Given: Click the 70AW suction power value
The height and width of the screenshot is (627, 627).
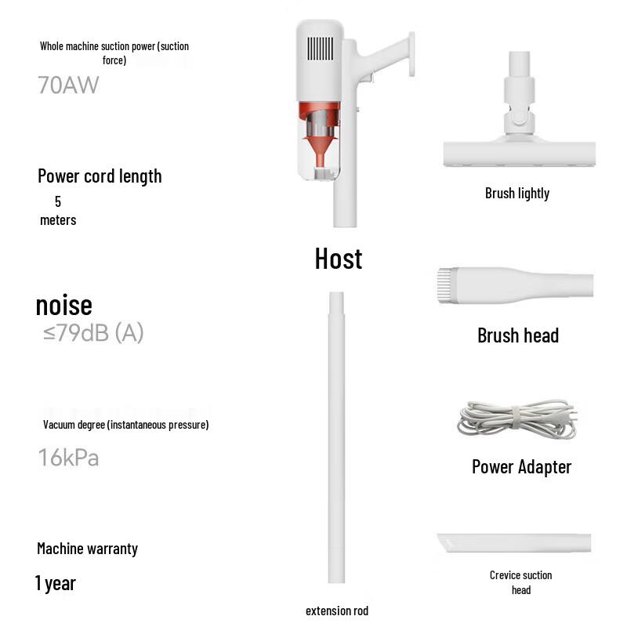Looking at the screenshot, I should [x=68, y=85].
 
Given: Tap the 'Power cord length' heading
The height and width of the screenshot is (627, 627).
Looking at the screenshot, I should [x=100, y=176].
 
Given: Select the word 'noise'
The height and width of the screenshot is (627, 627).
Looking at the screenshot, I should [x=63, y=305].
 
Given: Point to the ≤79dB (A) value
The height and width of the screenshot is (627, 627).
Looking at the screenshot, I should [x=93, y=333].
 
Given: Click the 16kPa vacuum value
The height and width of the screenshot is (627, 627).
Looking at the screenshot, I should [x=68, y=457].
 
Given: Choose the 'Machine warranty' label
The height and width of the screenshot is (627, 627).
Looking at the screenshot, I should [x=87, y=549].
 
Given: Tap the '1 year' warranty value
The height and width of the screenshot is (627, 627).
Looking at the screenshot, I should [x=55, y=584].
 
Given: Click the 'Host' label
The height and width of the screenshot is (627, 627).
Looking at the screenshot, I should [x=339, y=259].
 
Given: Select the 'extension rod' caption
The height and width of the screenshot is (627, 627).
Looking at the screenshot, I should [x=337, y=611].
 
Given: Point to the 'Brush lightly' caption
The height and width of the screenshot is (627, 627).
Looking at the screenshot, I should [x=517, y=194].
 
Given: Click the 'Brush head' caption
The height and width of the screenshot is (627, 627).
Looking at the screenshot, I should [x=518, y=336].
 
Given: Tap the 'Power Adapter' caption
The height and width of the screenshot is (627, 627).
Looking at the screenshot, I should [x=521, y=467].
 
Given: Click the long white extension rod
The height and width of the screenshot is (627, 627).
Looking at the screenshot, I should [x=336, y=439].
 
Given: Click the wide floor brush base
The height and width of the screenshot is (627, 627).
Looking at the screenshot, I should [x=520, y=153].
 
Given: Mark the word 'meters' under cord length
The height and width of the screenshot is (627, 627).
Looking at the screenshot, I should [x=58, y=220].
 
